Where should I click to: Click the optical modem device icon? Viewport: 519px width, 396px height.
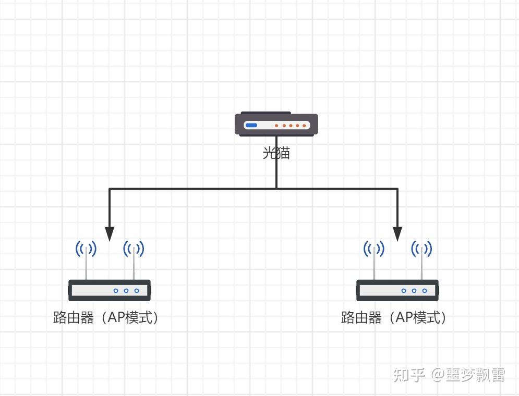coord(276,124)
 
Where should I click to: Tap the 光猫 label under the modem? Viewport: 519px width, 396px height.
coord(276,153)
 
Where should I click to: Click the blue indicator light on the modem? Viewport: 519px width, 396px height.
coord(251,125)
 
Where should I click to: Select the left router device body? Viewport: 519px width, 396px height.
coord(110,290)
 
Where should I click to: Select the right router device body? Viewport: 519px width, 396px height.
coord(397,290)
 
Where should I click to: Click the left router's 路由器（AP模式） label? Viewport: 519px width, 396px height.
coord(105,318)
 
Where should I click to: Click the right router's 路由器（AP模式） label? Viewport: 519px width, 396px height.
coord(393,318)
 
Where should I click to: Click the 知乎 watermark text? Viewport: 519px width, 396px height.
coord(409,375)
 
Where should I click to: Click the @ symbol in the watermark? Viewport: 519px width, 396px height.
coord(437,375)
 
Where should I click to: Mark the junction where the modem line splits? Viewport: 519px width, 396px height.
coord(276,189)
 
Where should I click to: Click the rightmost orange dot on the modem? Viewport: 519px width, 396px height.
coord(304,126)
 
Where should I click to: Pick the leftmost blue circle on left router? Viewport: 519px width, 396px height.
coord(116,291)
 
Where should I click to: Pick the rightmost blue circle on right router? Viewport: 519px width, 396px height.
coord(425,291)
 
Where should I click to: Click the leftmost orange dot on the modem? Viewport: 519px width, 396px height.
coord(276,126)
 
